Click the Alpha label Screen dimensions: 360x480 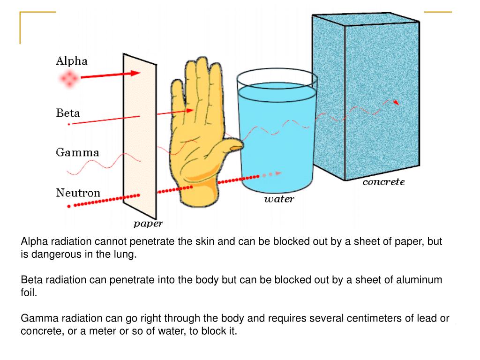72,61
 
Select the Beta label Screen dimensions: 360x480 68,113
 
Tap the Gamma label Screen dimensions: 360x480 77,152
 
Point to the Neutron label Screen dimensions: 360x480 78,193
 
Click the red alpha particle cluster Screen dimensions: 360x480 69,79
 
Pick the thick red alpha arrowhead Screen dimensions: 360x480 135,73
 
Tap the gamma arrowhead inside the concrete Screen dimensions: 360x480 397,102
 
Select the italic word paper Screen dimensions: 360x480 148,224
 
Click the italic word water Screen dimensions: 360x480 279,199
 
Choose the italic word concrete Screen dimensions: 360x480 383,182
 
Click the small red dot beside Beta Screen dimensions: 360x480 69,124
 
